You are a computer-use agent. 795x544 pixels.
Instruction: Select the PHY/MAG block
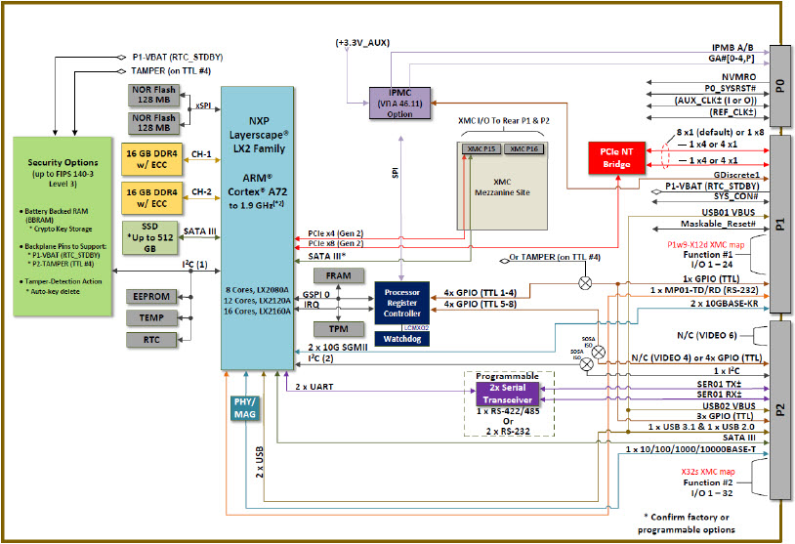pos(244,408)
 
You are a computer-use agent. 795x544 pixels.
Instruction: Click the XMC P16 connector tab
pos(524,148)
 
